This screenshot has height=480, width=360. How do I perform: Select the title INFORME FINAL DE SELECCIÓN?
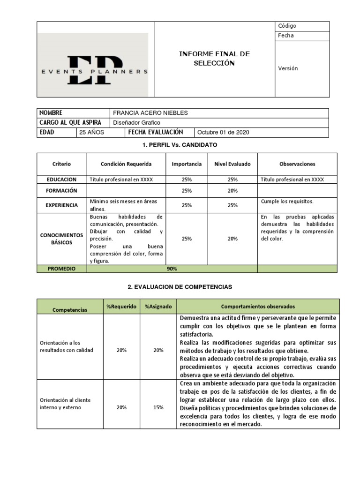tap(214, 59)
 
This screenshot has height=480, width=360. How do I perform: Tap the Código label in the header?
tap(287, 26)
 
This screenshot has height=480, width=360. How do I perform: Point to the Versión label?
tap(288, 68)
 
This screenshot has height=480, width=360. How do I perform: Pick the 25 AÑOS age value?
tap(91, 132)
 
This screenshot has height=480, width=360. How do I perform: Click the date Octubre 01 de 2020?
tap(224, 132)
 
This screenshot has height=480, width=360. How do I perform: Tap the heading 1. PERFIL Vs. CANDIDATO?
tap(180, 145)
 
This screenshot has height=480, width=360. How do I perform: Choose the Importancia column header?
tap(187, 164)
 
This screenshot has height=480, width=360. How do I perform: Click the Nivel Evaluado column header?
tap(232, 164)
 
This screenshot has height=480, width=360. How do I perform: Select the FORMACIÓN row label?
tap(61, 191)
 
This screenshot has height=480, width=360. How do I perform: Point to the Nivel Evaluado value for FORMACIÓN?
tap(232, 191)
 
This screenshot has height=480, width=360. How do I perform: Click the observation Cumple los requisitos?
tap(287, 202)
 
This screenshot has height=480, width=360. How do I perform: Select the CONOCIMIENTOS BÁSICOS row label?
tap(61, 239)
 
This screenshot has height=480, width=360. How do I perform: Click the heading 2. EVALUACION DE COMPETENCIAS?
tap(180, 286)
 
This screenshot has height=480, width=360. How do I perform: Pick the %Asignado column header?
tap(158, 307)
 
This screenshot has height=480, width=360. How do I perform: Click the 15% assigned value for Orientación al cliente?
tap(158, 407)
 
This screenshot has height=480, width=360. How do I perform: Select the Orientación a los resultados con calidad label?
tap(67, 346)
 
